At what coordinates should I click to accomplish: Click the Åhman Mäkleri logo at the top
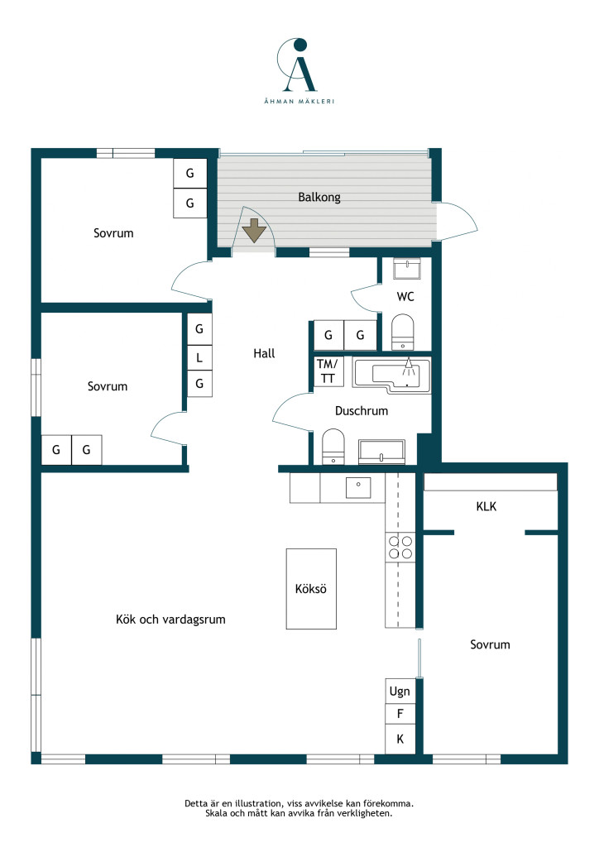point(299,70)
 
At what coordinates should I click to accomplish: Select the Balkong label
point(319,197)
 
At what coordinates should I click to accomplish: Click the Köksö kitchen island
point(311,589)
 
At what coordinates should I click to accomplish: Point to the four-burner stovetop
point(400,547)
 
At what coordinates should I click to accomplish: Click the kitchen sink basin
point(358,488)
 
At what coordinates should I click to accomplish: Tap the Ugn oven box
point(400,691)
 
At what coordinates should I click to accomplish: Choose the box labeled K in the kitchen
point(400,739)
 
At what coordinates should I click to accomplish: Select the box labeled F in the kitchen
point(400,714)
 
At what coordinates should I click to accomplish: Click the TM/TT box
point(328,371)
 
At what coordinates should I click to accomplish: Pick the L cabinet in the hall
point(199,357)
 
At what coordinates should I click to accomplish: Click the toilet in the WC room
point(402,332)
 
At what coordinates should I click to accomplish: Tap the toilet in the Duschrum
point(333,446)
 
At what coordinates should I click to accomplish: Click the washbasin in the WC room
point(407,269)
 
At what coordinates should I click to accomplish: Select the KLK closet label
point(486,507)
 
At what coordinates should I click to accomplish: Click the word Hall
point(264,353)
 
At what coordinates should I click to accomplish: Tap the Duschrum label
point(362,411)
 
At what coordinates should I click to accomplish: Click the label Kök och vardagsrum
point(170,620)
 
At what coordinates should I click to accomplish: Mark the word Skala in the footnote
point(217,813)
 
